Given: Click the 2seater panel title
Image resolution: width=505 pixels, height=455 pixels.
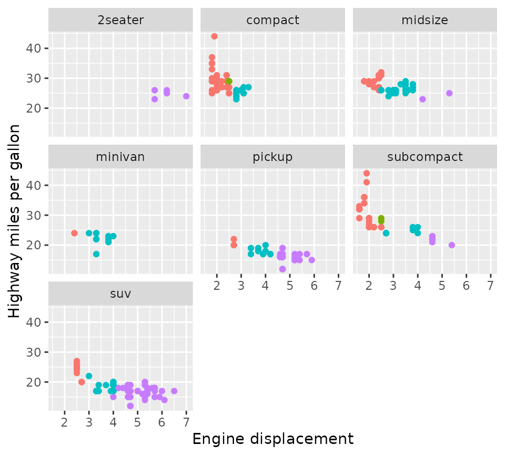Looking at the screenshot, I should click(x=120, y=21).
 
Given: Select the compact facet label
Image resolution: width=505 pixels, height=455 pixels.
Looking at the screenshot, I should click(x=272, y=21).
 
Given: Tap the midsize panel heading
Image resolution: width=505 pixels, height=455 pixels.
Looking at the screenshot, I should click(x=425, y=21).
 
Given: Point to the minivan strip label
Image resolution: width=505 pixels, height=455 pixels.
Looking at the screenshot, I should click(x=120, y=157).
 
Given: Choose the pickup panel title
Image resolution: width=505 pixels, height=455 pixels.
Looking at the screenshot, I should click(x=272, y=157).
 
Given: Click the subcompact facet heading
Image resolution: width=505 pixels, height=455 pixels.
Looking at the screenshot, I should click(x=425, y=157).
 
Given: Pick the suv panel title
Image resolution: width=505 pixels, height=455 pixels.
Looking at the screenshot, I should click(x=120, y=293).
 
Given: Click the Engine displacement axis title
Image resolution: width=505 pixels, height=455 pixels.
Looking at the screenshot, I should click(x=272, y=439).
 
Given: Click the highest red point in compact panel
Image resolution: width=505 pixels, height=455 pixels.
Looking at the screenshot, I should click(x=214, y=36).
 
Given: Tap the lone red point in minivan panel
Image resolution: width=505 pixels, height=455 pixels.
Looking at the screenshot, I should click(x=74, y=233).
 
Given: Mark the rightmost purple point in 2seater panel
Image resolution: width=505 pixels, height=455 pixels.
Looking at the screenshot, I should click(x=186, y=96).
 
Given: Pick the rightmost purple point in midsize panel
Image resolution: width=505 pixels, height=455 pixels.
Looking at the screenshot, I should click(x=449, y=93).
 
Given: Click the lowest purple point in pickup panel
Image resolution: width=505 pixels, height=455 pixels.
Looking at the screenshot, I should click(x=282, y=269).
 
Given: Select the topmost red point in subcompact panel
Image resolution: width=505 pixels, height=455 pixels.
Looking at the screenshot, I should click(x=367, y=173).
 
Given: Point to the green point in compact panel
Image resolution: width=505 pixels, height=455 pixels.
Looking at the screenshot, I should click(x=229, y=81).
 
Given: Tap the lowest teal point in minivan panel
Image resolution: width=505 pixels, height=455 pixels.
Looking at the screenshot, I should click(x=96, y=254).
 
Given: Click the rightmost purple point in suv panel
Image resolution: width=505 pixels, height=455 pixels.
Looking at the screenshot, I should click(x=174, y=391).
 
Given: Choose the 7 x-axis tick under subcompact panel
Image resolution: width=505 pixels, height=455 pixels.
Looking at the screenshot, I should click(x=490, y=285).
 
